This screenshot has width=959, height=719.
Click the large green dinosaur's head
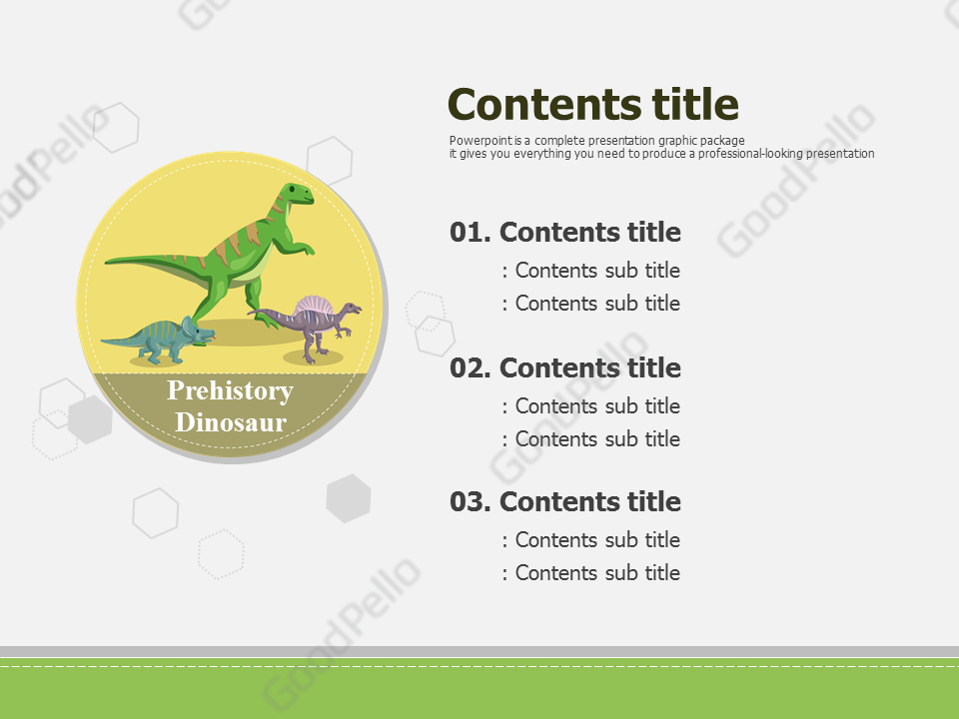click(297, 195)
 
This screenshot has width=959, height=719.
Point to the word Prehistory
click(230, 390)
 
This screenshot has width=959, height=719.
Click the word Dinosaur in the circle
click(231, 422)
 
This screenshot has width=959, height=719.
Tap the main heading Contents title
click(593, 104)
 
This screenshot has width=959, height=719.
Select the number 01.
click(470, 233)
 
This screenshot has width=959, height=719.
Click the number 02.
click(470, 368)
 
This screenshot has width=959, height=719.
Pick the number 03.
click(470, 502)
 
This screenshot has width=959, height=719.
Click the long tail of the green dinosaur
click(150, 260)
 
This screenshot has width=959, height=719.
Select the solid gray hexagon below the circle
click(349, 498)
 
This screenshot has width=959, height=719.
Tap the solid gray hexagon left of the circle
click(90, 419)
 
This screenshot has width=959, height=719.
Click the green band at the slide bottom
click(479, 693)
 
